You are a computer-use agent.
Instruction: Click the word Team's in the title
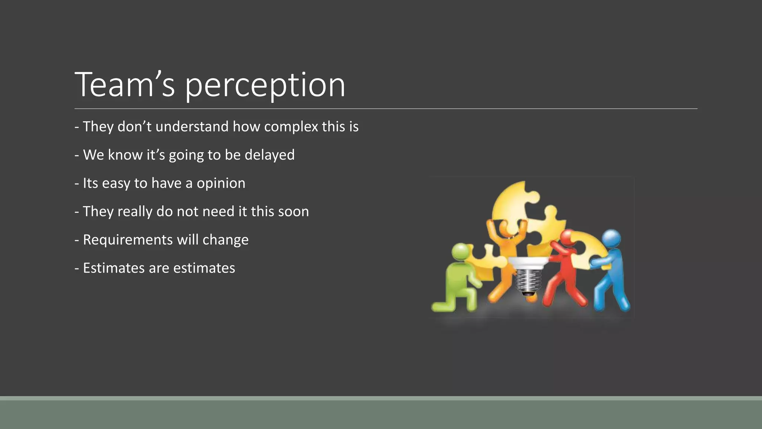click(125, 86)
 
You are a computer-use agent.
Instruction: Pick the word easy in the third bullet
click(116, 184)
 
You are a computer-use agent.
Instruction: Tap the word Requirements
click(128, 240)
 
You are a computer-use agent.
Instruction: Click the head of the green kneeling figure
click(461, 252)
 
